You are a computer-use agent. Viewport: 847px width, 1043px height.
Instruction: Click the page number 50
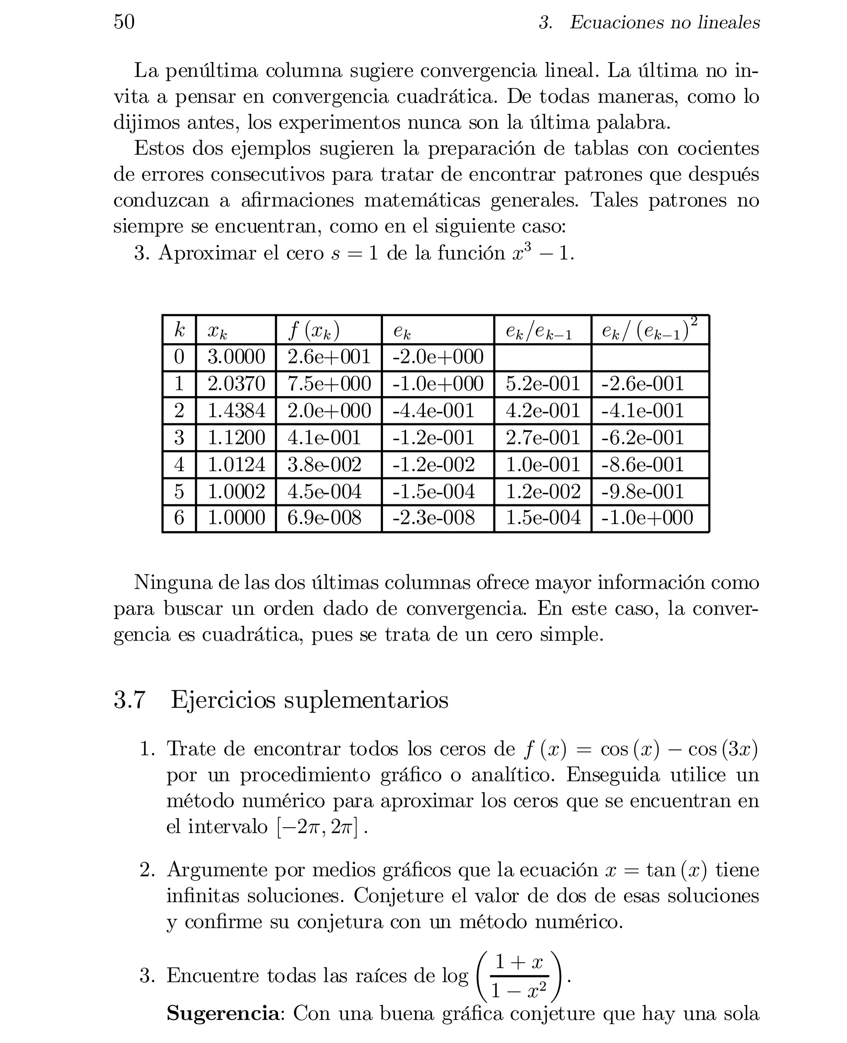point(124,22)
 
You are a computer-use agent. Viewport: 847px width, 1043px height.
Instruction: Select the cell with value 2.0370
point(236,384)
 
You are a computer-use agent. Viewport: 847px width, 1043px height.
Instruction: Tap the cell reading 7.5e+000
point(329,384)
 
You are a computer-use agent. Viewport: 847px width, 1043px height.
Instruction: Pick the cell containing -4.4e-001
point(433,411)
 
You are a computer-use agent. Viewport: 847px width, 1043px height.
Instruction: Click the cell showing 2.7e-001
point(543,437)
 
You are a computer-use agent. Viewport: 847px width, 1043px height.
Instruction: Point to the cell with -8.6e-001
point(643,464)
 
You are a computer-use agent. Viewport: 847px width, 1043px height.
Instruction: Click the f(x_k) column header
point(314,331)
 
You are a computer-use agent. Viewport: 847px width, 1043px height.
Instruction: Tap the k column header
point(179,331)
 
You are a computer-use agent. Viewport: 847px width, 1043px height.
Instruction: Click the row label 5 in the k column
point(179,491)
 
